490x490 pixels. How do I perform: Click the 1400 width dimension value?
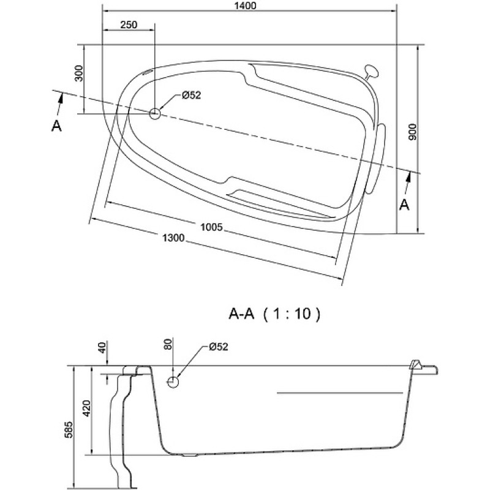coord(245,6)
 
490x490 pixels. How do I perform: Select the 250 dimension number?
coord(129,24)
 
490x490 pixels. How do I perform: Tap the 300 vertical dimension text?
coord(80,73)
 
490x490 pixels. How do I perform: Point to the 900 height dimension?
coord(412,132)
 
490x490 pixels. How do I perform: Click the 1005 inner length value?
coord(211,227)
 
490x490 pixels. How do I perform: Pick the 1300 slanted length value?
coord(173,238)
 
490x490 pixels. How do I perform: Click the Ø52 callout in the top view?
coord(191,95)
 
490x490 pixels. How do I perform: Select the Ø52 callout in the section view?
coord(219,347)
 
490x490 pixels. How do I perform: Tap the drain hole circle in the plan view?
coord(155,114)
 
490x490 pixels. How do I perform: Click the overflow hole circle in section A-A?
coord(173,382)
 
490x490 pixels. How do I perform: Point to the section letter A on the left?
coord(56,126)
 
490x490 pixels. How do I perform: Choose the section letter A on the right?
coord(405,205)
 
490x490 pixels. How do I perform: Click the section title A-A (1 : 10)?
coord(274,314)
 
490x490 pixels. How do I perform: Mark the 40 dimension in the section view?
coord(102,347)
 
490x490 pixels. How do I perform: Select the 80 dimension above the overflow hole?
coord(168,344)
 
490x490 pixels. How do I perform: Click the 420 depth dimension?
coord(86,408)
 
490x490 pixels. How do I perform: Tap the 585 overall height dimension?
coord(69,430)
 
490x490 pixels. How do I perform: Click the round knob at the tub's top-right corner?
coord(371,72)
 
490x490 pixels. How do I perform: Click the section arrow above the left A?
coord(59,105)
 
